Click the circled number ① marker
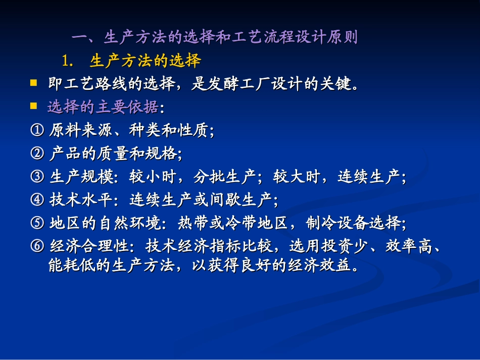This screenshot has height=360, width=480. (x=37, y=131)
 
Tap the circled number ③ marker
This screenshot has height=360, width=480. (x=37, y=177)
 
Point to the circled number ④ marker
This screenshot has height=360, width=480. (x=37, y=200)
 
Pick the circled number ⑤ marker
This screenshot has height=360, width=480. (x=37, y=223)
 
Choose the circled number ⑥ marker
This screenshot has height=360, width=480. (x=37, y=246)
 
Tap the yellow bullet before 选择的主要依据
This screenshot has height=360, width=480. (x=34, y=106)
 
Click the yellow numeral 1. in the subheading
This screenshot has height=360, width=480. (x=68, y=62)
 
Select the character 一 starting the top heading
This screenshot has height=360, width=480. (x=80, y=38)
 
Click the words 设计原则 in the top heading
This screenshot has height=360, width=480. (x=326, y=38)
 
